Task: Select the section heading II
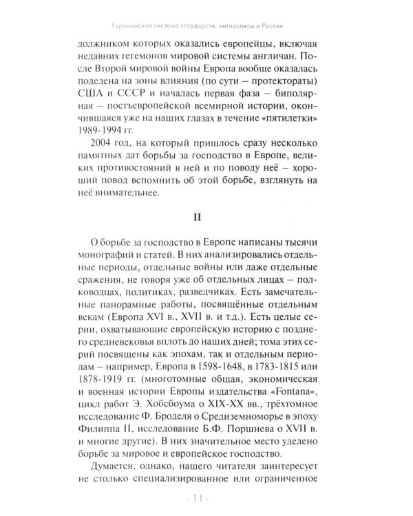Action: tap(206, 217)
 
